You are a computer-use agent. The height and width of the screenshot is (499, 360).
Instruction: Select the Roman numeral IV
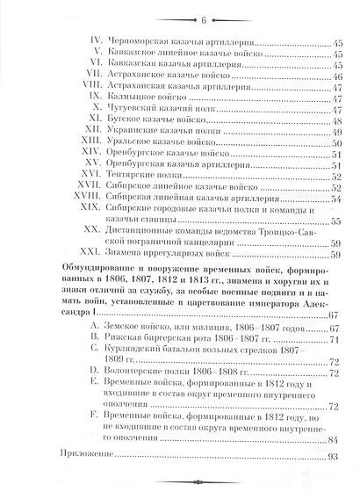coord(97,41)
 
